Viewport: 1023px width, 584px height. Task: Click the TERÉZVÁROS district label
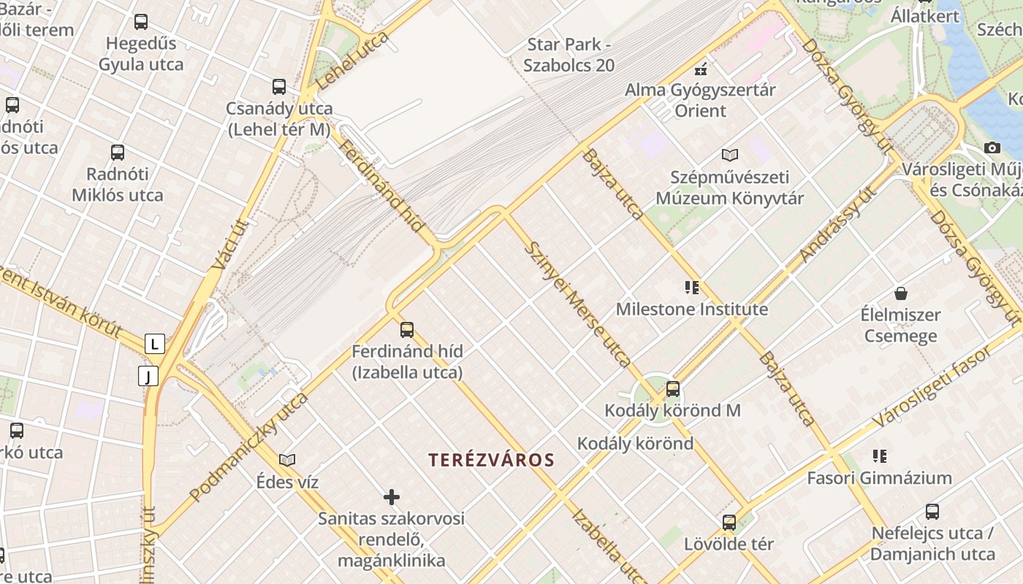491,460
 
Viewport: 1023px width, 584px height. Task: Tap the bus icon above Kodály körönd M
673,389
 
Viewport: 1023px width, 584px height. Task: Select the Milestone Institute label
691,309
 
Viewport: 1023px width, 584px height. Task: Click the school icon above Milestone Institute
691,288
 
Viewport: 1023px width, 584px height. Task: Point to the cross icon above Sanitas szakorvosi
392,497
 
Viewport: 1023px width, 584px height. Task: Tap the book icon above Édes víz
287,460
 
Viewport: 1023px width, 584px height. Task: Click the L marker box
154,343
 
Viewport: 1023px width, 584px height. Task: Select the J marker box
148,376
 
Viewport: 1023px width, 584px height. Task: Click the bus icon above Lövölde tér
729,523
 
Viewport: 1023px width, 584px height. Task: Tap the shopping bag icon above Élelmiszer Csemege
900,293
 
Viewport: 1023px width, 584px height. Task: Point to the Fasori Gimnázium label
879,478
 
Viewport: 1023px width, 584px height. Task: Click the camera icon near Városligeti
992,147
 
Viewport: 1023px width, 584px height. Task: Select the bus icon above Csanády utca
278,87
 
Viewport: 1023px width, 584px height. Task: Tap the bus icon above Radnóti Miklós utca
118,153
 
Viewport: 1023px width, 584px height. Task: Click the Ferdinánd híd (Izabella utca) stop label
407,361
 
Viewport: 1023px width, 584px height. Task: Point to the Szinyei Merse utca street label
577,304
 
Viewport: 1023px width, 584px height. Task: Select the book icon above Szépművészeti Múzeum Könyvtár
729,155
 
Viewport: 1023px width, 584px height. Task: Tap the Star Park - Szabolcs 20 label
569,55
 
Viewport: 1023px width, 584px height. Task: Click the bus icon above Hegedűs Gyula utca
141,22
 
